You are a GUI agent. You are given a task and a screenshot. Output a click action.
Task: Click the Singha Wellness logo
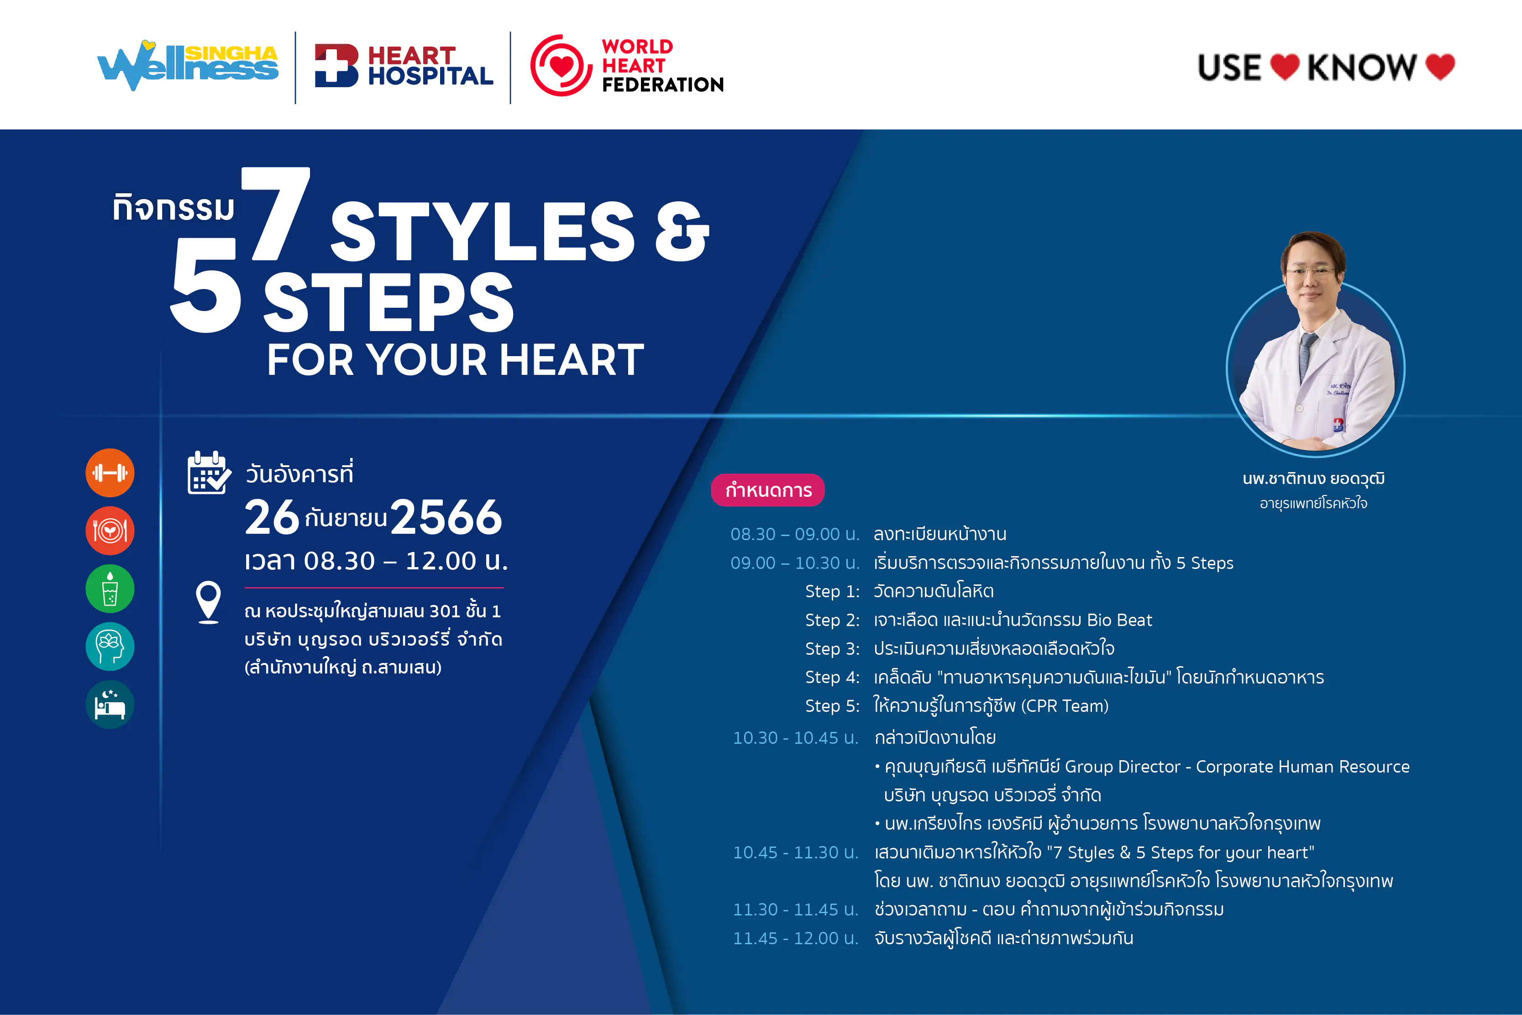[188, 65]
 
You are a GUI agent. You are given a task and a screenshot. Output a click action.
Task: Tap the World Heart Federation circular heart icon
[561, 65]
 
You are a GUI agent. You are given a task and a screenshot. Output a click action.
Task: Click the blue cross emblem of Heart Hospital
[336, 65]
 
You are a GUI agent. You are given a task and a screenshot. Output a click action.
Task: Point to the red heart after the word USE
[1285, 67]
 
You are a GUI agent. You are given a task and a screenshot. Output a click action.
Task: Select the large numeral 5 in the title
[206, 285]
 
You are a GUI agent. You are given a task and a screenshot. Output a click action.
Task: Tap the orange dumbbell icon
[110, 473]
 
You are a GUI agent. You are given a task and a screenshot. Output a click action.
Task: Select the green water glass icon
[110, 589]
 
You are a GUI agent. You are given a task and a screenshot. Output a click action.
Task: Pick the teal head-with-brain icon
[110, 646]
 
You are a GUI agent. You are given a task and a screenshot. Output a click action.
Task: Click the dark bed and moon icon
[110, 704]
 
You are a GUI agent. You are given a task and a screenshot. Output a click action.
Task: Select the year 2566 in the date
[446, 518]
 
